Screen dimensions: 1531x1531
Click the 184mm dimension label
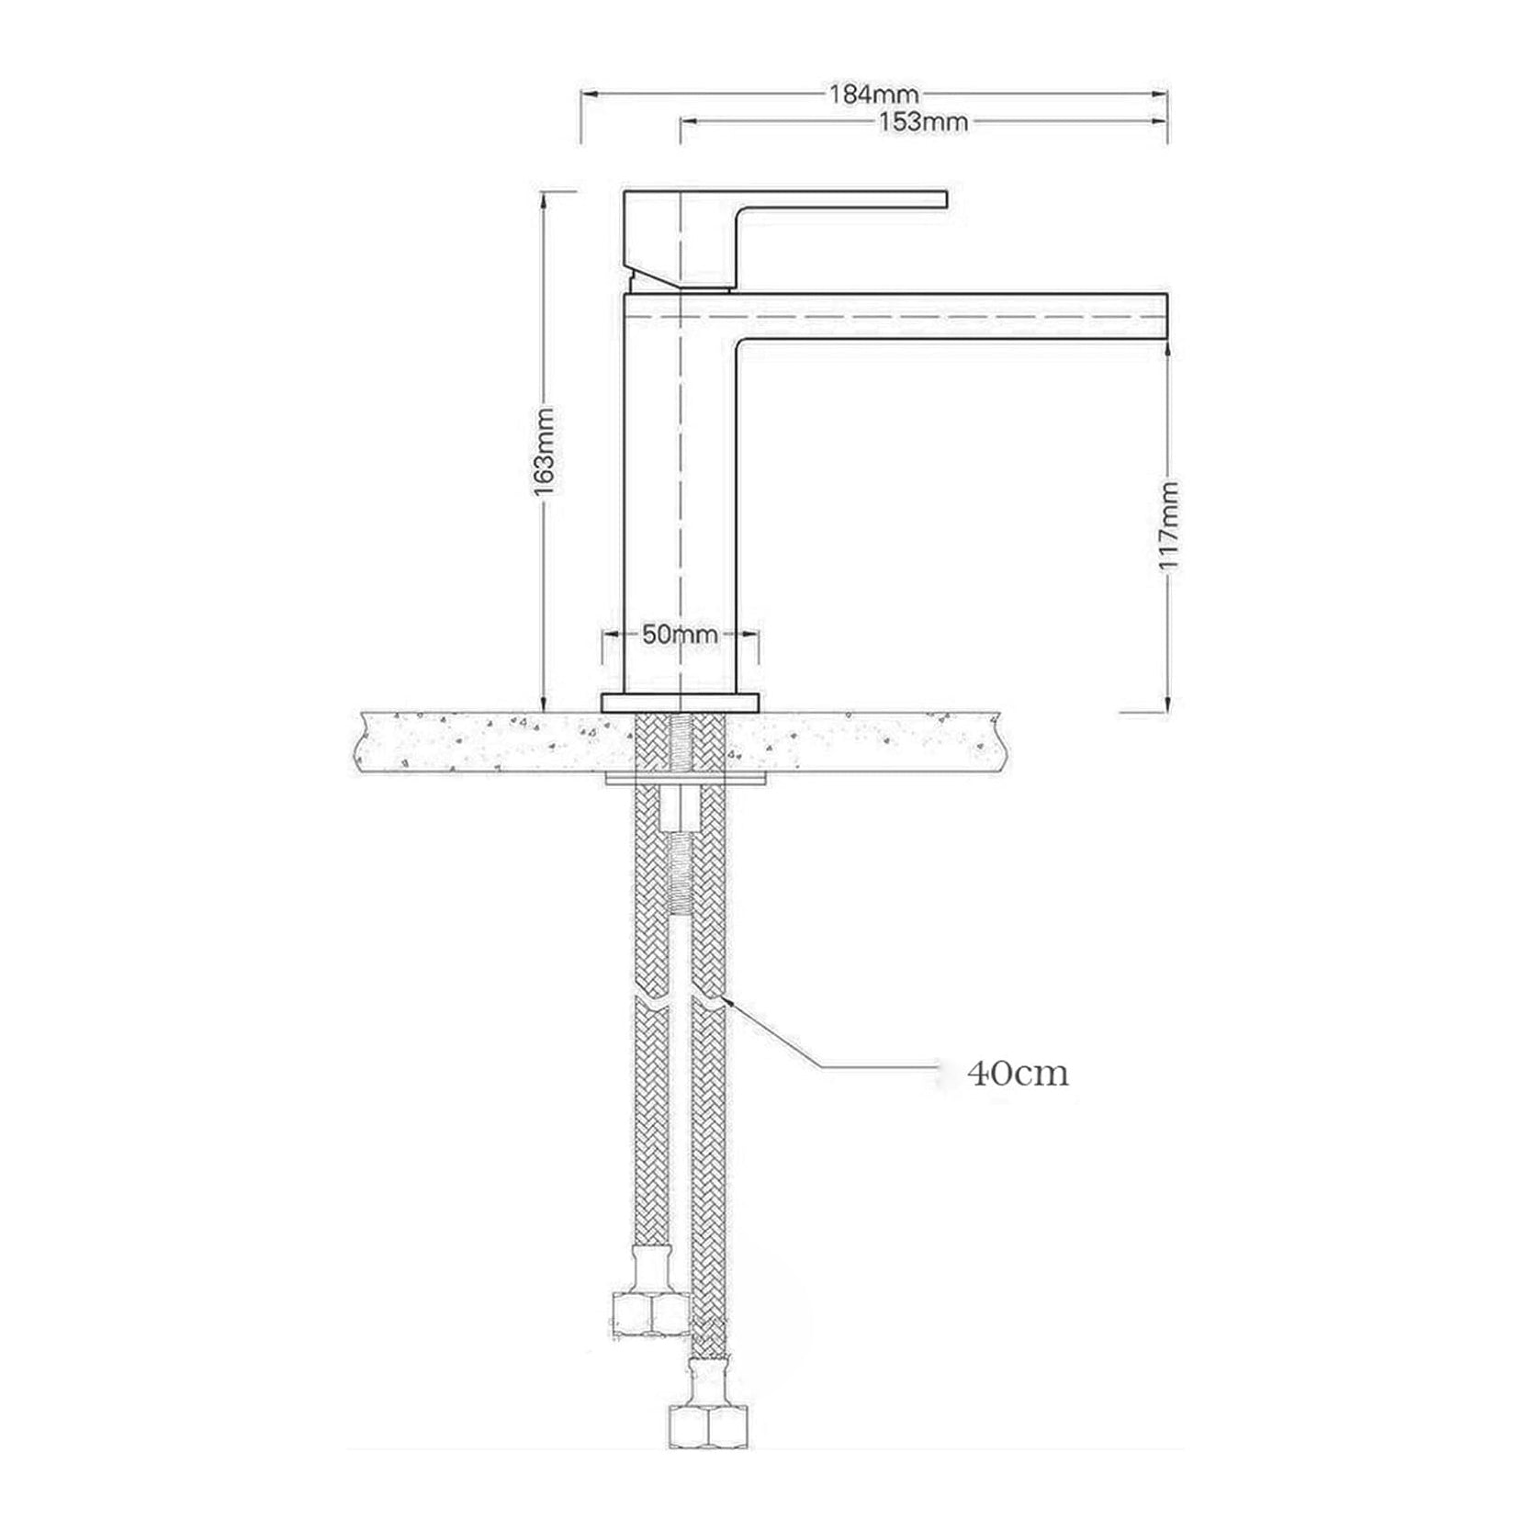[873, 94]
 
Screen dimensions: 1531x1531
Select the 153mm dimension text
[923, 121]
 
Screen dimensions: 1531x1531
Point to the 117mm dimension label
[1168, 523]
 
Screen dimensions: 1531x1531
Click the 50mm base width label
[680, 634]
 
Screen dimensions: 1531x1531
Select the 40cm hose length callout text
[1018, 1073]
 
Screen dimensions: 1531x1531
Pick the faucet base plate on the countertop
[681, 703]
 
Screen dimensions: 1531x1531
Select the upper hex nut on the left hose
[650, 1312]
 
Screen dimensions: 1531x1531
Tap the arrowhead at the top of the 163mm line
[544, 197]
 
